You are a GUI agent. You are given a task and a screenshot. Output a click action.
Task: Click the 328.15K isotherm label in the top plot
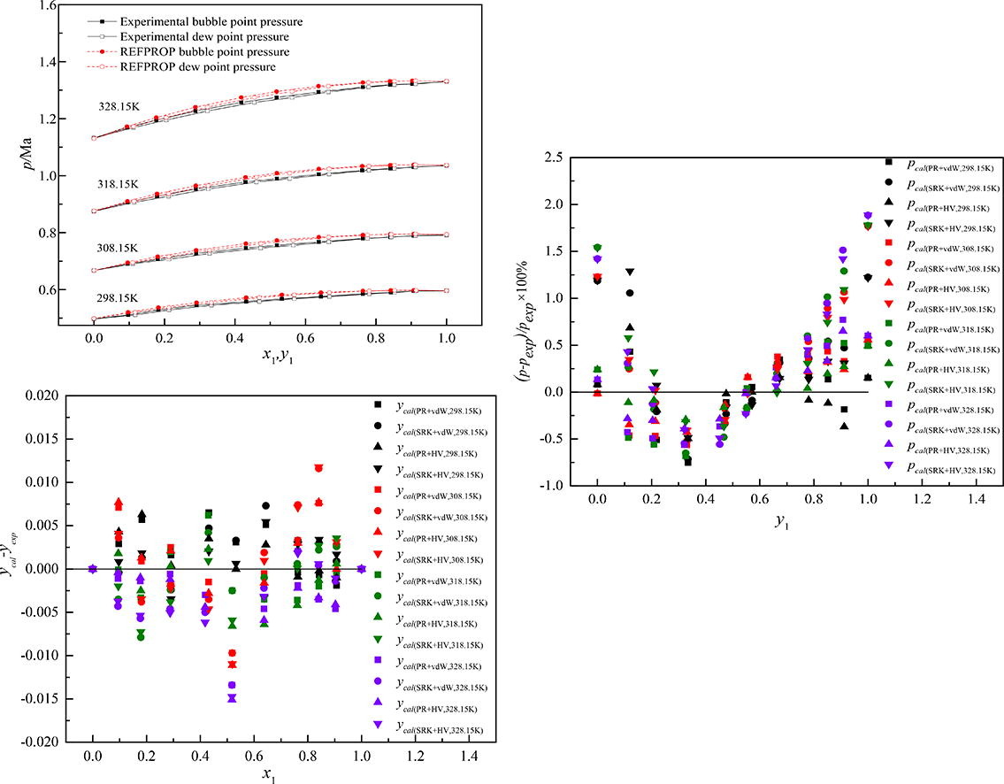point(119,106)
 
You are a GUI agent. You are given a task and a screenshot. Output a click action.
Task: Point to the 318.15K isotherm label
point(119,184)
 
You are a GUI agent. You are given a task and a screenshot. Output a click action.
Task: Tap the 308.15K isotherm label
point(119,249)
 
